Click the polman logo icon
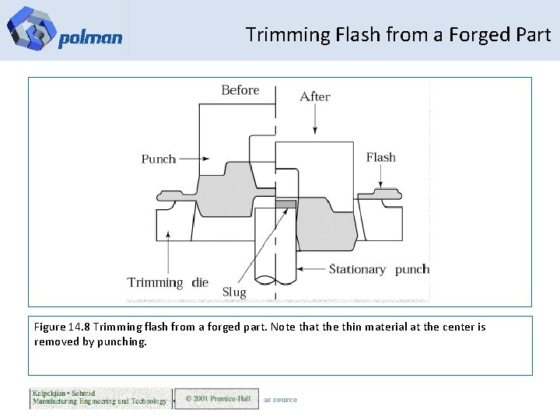click(30, 29)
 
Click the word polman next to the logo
click(90, 38)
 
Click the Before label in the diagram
click(240, 90)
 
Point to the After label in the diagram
click(315, 96)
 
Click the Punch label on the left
click(159, 159)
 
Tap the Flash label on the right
click(381, 157)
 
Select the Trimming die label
click(168, 282)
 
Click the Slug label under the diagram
click(234, 292)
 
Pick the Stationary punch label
click(379, 269)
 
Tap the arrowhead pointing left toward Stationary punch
click(303, 269)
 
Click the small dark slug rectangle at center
click(285, 204)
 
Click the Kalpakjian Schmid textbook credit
click(100, 397)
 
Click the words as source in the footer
click(280, 400)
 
